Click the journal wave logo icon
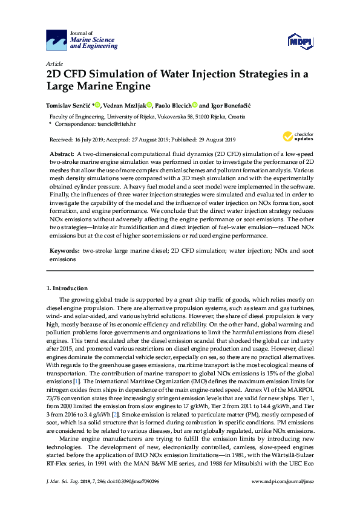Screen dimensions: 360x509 point(56,41)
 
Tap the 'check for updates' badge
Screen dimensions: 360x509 point(299,137)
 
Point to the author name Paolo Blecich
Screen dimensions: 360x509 point(172,105)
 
